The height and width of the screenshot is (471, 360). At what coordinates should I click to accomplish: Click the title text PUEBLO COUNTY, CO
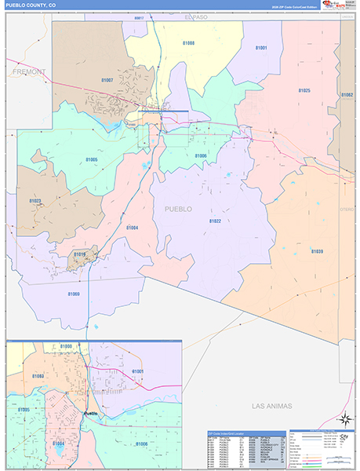point(31,5)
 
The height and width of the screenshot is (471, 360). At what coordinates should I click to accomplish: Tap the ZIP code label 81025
point(304,90)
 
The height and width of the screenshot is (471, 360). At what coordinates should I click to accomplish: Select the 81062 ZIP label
point(347,94)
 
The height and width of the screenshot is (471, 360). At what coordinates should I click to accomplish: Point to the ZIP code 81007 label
point(107,80)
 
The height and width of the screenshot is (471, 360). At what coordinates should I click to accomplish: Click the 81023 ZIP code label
point(35,201)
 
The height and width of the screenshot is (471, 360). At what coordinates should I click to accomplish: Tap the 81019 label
point(80,254)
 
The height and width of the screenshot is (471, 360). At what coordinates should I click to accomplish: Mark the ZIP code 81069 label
point(74,294)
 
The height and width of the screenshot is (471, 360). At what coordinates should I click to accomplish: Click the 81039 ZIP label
point(316,251)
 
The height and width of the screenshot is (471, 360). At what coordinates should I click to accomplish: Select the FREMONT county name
point(29,71)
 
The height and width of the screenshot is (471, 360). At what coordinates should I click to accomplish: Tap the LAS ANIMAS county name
point(271,406)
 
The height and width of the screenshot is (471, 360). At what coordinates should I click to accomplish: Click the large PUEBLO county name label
point(177,209)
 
